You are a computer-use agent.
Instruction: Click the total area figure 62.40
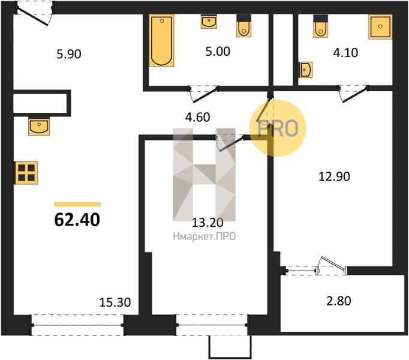[x=77, y=220]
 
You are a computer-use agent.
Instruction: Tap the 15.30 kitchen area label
[x=115, y=302]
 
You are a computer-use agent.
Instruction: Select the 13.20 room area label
[x=207, y=223]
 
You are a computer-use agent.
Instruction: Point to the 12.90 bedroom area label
[x=334, y=176]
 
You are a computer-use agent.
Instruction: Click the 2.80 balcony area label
[x=339, y=301]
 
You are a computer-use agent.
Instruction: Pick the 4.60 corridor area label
[x=197, y=117]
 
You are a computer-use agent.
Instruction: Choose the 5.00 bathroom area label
[x=218, y=51]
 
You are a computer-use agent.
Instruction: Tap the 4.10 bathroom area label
[x=345, y=52]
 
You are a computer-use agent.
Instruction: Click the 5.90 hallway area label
[x=69, y=54]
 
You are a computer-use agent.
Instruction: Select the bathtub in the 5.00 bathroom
[x=161, y=40]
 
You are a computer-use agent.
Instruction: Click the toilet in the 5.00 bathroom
[x=244, y=26]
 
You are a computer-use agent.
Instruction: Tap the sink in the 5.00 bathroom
[x=209, y=22]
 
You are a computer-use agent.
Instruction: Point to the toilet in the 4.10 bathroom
[x=321, y=26]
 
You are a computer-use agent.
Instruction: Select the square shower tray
[x=380, y=26]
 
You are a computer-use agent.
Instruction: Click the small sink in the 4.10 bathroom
[x=306, y=70]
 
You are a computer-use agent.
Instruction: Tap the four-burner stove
[x=26, y=173]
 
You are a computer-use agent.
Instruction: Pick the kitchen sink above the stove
[x=39, y=127]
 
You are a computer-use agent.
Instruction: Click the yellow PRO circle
[x=277, y=128]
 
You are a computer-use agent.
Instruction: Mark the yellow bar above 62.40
[x=77, y=204]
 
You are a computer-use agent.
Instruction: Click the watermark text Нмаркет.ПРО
[x=204, y=236]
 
